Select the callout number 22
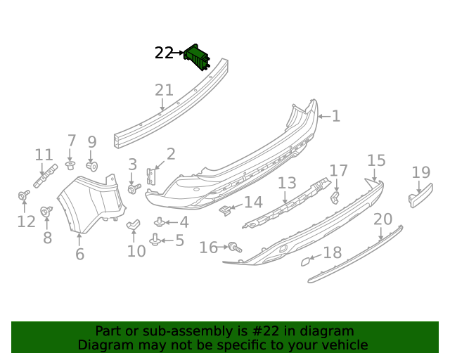point(164,53)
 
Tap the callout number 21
point(164,90)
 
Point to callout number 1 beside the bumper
point(336,116)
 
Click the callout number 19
point(420,172)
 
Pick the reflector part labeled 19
point(419,193)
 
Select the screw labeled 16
point(234,247)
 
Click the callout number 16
point(209,247)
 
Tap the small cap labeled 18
point(306,262)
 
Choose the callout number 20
point(382,219)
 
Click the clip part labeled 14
point(226,209)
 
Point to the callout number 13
point(287,184)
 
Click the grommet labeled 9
point(91,166)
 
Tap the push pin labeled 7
point(70,165)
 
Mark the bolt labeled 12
point(23,195)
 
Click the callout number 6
point(79,254)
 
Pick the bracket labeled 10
point(134,224)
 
